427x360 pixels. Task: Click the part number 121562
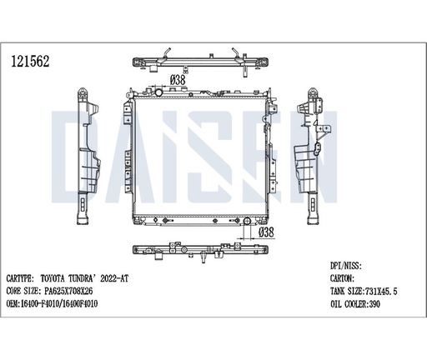coord(28,61)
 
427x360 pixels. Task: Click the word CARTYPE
coord(26,279)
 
